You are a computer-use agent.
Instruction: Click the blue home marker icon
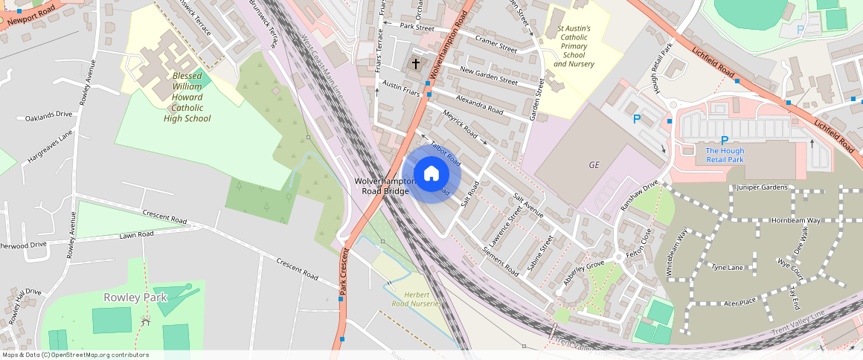(x=431, y=174)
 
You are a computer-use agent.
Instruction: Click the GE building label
(x=594, y=165)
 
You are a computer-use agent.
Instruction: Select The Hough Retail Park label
(x=724, y=155)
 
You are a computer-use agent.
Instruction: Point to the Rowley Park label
(x=135, y=298)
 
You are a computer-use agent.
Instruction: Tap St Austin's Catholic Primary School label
(x=574, y=46)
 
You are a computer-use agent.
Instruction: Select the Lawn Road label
(x=137, y=235)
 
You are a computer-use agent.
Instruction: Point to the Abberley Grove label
(x=584, y=269)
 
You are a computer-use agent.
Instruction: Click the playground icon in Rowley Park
(x=146, y=321)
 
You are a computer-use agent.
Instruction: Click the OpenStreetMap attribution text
(x=75, y=355)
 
